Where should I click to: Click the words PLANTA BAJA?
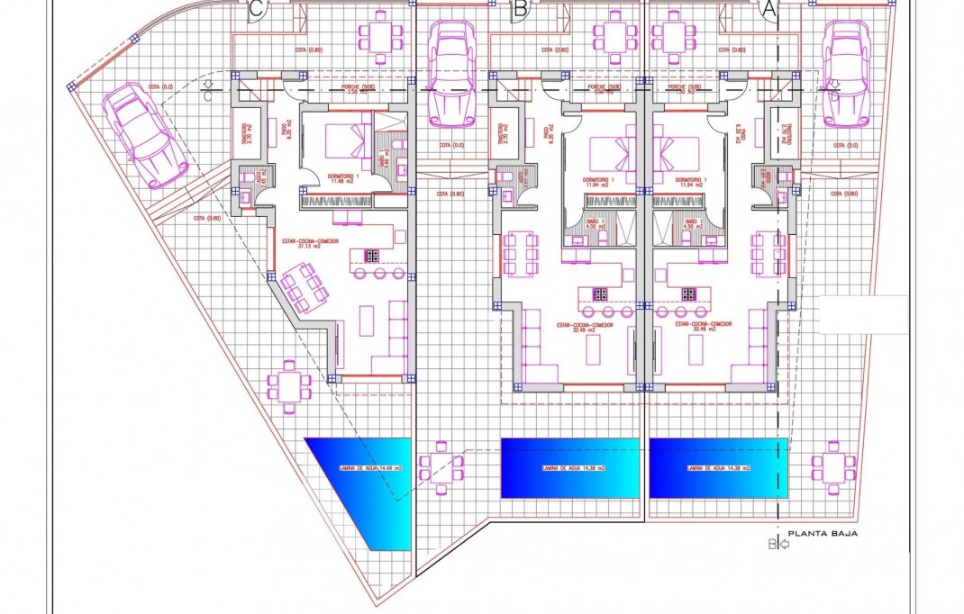pyautogui.click(x=823, y=534)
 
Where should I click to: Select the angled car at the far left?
pyautogui.click(x=144, y=135)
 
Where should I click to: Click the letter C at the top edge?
pyautogui.click(x=257, y=10)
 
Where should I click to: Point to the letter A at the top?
pyautogui.click(x=769, y=10)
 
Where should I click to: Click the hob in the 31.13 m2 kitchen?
pyautogui.click(x=370, y=256)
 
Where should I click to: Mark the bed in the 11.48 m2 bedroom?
pyautogui.click(x=345, y=140)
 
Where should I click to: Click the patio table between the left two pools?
pyautogui.click(x=443, y=468)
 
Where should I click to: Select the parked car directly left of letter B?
pyautogui.click(x=450, y=72)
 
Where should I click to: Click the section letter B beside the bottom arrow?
pyautogui.click(x=771, y=544)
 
